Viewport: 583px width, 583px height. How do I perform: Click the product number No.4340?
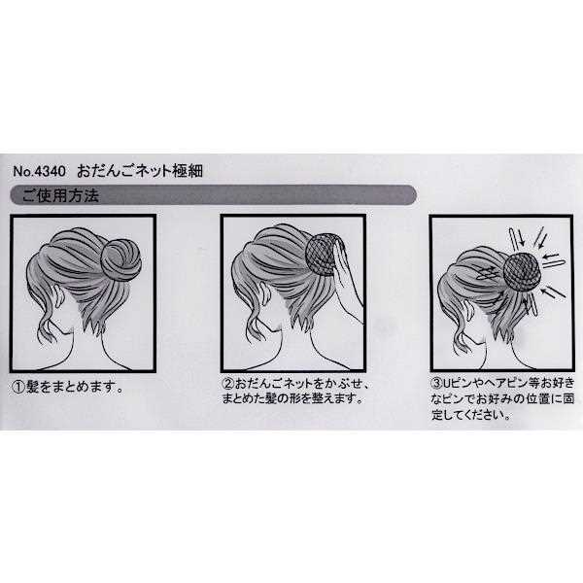42,169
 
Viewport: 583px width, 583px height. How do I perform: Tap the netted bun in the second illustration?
322,255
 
